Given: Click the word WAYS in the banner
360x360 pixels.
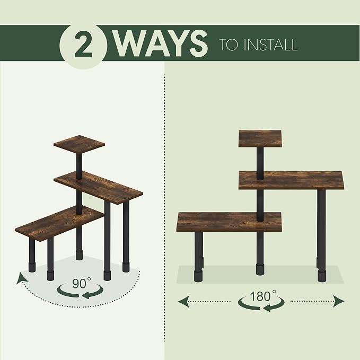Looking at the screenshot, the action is point(161,43).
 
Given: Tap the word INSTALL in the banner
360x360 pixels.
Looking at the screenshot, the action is point(271,45).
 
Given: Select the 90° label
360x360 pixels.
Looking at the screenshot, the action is point(81,283).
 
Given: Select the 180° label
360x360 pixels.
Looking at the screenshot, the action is point(262,296).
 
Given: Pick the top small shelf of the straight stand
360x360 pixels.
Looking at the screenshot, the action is point(260,139).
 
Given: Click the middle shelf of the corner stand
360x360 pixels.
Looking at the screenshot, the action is point(98,187).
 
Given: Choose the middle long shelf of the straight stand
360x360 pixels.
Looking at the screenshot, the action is point(292,180).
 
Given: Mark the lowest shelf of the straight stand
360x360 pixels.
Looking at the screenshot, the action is point(229,222).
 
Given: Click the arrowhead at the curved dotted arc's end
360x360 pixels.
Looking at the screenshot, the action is point(21,278).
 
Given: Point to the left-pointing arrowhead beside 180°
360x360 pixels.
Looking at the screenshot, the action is point(184,301).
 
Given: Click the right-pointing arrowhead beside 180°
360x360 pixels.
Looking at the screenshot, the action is point(338,301).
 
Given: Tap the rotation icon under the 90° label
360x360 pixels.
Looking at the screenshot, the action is point(81,292).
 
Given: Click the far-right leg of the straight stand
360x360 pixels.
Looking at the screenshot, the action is point(321,235).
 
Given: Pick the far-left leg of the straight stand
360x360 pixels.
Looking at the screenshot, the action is point(199,257).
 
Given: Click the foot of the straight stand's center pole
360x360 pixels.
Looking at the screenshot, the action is point(260,269).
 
